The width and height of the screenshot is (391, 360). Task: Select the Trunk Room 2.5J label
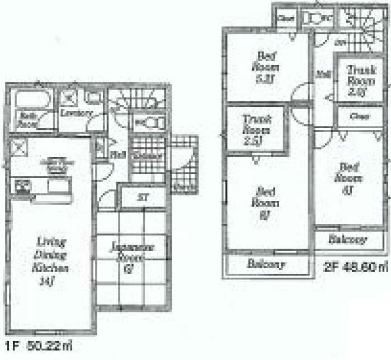click(x=256, y=130)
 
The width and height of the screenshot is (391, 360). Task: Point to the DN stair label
click(x=324, y=43)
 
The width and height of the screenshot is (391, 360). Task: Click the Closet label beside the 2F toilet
click(x=285, y=18)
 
